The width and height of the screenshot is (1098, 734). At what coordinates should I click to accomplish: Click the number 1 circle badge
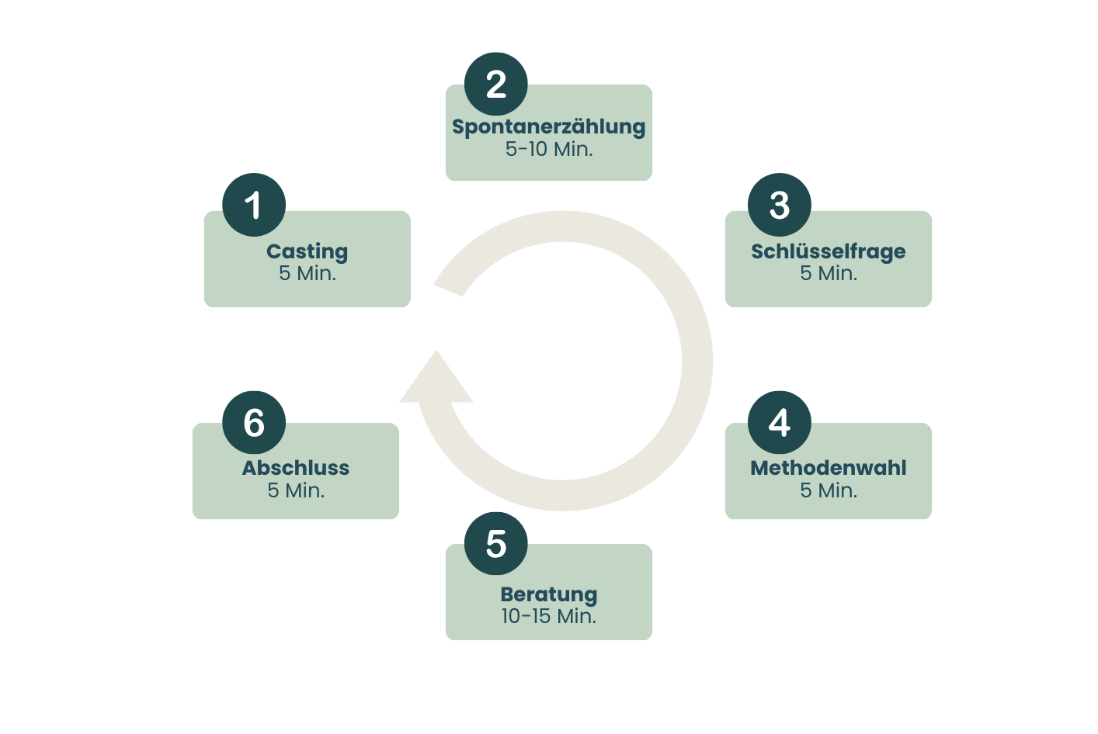pyautogui.click(x=254, y=205)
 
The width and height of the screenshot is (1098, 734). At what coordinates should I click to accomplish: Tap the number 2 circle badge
pyautogui.click(x=496, y=84)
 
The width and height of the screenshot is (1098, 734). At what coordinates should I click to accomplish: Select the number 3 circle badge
pyautogui.click(x=780, y=205)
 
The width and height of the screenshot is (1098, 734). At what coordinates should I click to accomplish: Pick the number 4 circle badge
pyautogui.click(x=780, y=422)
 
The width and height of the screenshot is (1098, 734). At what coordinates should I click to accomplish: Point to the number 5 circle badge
pyautogui.click(x=496, y=543)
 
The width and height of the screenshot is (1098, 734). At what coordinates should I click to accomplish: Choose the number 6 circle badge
pyautogui.click(x=254, y=422)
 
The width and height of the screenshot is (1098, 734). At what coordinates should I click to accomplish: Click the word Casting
pyautogui.click(x=308, y=251)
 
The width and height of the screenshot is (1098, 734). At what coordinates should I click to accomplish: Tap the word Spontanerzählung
pyautogui.click(x=548, y=126)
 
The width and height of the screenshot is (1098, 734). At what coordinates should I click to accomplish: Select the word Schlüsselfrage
pyautogui.click(x=829, y=251)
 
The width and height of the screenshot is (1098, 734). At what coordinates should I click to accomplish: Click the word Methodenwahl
pyautogui.click(x=829, y=468)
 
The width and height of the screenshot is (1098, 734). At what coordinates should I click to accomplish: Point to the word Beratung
pyautogui.click(x=548, y=594)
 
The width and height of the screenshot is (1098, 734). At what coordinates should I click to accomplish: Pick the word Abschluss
pyautogui.click(x=296, y=468)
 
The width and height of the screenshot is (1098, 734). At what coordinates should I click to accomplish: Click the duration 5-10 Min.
pyautogui.click(x=548, y=149)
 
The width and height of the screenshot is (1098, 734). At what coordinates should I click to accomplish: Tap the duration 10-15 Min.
pyautogui.click(x=548, y=616)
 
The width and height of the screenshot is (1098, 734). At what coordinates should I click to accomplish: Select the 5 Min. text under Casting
pyautogui.click(x=308, y=273)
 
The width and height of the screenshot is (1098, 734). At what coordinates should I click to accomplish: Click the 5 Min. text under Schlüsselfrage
pyautogui.click(x=829, y=273)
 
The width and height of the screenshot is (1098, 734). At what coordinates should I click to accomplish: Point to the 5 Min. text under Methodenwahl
pyautogui.click(x=829, y=490)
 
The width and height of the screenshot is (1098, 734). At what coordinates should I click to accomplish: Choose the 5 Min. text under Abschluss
pyautogui.click(x=296, y=490)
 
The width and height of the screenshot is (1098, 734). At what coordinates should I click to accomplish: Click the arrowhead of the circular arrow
pyautogui.click(x=436, y=383)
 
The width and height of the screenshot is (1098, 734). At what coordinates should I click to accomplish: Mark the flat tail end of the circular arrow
pyautogui.click(x=449, y=289)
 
